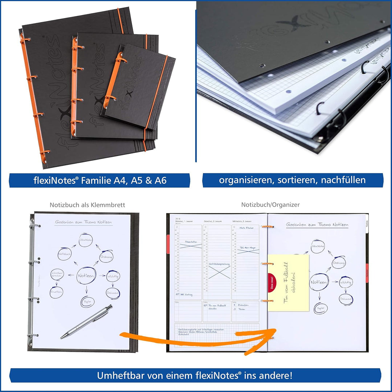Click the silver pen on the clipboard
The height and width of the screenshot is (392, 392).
pyautogui.click(x=86, y=322)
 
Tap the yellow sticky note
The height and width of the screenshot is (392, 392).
pyautogui.click(x=289, y=282)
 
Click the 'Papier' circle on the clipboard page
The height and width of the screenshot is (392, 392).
pyautogui.click(x=87, y=301)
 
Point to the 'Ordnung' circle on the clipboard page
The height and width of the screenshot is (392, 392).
pyautogui.click(x=106, y=256)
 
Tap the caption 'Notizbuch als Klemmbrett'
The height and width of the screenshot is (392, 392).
pyautogui.click(x=87, y=205)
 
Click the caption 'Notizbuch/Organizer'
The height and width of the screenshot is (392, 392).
pyautogui.click(x=270, y=205)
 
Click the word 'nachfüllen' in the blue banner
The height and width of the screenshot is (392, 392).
pyautogui.click(x=343, y=180)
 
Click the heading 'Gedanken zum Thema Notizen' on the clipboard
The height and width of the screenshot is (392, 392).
pyautogui.click(x=83, y=222)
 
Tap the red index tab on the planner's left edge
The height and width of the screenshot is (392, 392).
pyautogui.click(x=168, y=244)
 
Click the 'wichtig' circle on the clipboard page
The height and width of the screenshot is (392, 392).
pyautogui.click(x=113, y=277)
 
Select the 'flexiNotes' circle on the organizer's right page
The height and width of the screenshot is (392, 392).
pyautogui.click(x=318, y=246)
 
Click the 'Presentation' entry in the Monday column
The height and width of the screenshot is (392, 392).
pyautogui.click(x=191, y=242)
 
